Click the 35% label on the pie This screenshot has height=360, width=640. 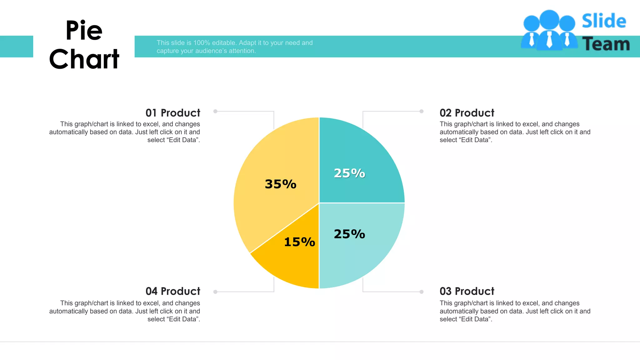280,184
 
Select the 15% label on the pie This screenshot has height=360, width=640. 299,242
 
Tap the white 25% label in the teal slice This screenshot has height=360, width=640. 349,173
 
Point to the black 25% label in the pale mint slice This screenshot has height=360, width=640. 349,234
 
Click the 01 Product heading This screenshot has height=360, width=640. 173,113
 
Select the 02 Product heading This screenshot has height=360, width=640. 467,113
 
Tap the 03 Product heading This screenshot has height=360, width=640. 467,291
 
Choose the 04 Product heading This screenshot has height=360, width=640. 173,291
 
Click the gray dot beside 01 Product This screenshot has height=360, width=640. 215,111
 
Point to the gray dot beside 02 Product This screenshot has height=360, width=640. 422,111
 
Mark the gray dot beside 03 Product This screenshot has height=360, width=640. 422,292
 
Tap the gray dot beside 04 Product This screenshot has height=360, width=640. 215,292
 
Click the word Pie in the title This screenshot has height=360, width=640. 84,31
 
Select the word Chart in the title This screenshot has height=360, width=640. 84,59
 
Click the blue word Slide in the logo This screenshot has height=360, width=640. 604,21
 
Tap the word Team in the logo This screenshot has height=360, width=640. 606,44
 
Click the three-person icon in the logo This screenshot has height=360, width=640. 549,30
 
